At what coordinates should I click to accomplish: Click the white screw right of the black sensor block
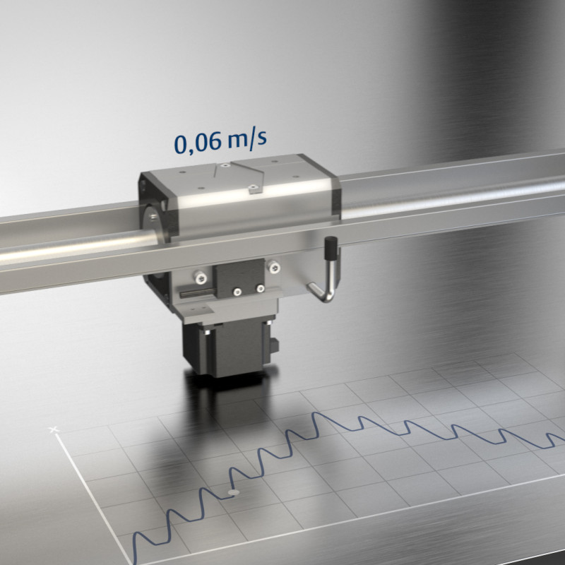275,267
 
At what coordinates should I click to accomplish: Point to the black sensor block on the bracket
239,278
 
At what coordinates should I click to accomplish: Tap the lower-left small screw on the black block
237,292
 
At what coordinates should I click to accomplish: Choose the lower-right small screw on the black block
260,288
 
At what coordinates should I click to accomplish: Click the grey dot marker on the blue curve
234,492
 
